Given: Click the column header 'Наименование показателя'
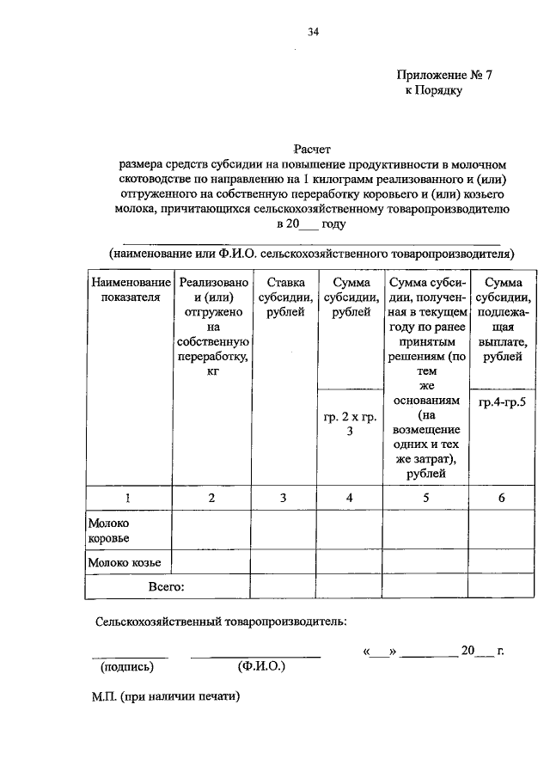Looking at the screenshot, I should [127, 290].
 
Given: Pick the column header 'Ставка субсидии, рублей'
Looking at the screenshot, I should [284, 297].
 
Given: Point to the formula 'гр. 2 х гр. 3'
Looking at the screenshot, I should [350, 425].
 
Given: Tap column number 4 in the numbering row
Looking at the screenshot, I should [350, 497].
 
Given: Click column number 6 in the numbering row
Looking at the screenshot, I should [502, 497].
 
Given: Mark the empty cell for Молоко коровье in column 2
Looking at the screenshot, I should [211, 530].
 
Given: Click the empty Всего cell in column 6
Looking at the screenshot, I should [502, 587].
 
